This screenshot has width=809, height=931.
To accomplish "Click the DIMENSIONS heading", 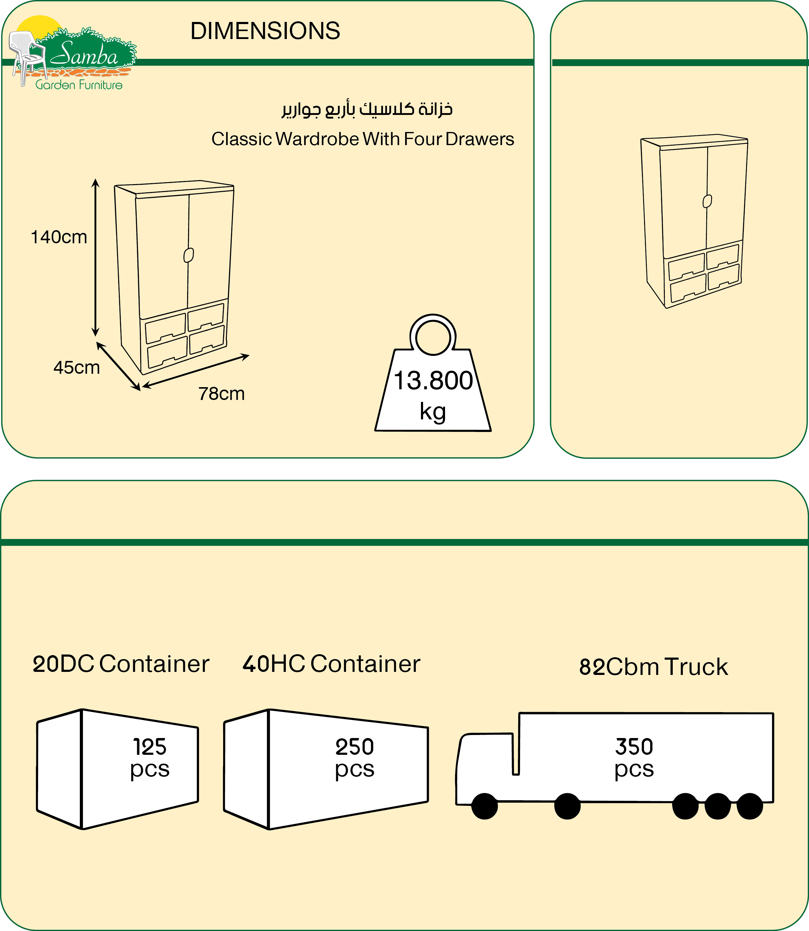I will pyautogui.click(x=265, y=31).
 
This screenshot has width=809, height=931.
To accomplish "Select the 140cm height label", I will pyautogui.click(x=59, y=237).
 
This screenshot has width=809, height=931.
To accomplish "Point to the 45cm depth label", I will pyautogui.click(x=77, y=368).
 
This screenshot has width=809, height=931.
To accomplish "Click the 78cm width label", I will pyautogui.click(x=221, y=394).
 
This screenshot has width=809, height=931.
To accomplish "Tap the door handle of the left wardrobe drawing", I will pyautogui.click(x=189, y=255).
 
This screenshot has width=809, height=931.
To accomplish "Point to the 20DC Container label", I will pyautogui.click(x=121, y=664).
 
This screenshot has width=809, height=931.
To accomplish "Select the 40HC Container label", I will pyautogui.click(x=331, y=664).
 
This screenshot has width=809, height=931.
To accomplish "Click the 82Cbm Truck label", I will pyautogui.click(x=653, y=667).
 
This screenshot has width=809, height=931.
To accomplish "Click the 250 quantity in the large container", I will pyautogui.click(x=355, y=747).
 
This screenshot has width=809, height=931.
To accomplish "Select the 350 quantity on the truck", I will pyautogui.click(x=634, y=747).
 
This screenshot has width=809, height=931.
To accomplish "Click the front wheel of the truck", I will pyautogui.click(x=484, y=806).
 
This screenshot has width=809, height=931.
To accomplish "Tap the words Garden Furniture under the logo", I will pyautogui.click(x=79, y=85).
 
